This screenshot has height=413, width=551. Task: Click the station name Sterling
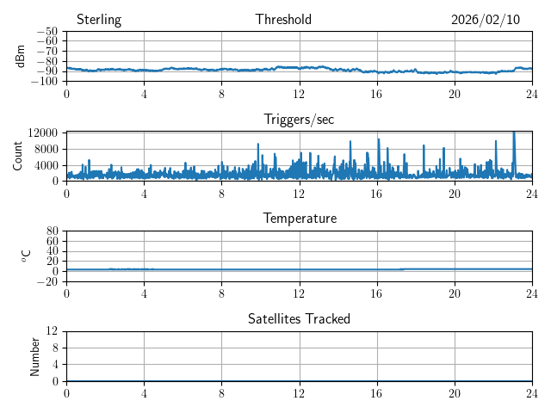point(98,20)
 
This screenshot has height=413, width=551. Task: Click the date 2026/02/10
point(486,20)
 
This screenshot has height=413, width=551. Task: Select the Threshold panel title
point(283,20)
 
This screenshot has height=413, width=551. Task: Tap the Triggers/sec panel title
point(299,120)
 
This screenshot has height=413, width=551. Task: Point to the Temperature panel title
point(299,219)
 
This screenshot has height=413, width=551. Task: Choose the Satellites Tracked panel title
point(299,318)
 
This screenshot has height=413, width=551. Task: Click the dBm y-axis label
point(20,56)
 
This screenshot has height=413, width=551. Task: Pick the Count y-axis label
point(17,156)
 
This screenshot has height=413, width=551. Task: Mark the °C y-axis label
point(26,256)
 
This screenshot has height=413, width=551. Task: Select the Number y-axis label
point(34,355)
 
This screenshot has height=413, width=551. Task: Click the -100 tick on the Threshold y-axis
point(46,82)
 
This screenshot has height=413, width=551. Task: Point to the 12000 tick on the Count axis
point(43,133)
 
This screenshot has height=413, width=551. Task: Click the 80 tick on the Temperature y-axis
point(52,231)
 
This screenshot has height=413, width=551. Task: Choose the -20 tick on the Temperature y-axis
point(46,281)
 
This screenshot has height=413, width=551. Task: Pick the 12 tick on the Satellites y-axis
point(52,331)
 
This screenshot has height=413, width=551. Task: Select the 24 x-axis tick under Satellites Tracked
point(532,393)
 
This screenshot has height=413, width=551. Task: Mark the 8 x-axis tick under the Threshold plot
point(221,94)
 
